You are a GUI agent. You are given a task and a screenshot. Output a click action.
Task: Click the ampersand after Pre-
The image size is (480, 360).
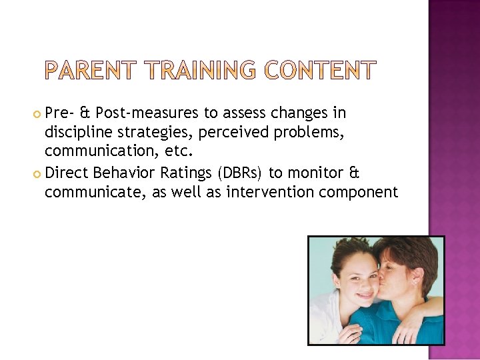84,114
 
